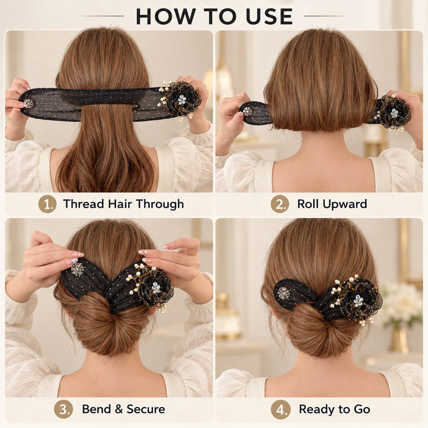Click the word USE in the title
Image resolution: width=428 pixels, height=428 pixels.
click(269, 17)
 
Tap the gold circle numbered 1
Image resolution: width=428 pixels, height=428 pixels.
click(47, 204)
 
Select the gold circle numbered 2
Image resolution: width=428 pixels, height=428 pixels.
click(280, 204)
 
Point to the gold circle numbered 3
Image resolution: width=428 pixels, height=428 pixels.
click(63, 409)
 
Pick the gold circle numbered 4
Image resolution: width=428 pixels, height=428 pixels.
click(280, 409)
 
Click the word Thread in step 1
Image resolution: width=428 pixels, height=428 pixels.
click(83, 204)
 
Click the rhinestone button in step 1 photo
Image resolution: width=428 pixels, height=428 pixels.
click(28, 103)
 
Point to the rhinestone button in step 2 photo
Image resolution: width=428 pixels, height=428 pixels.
click(247, 111)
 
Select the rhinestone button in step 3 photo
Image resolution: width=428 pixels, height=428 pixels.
click(78, 270)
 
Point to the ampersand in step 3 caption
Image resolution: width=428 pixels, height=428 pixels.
click(119, 409)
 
